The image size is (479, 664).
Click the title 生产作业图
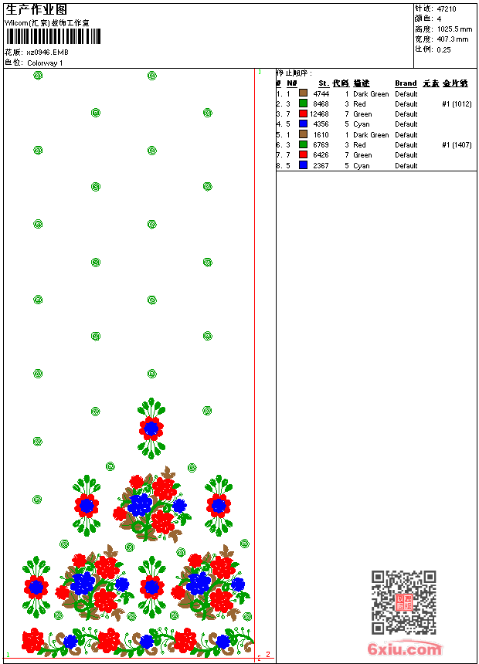click(36, 10)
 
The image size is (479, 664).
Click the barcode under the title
click(53, 36)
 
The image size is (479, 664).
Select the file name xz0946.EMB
click(47, 53)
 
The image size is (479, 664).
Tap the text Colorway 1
click(46, 63)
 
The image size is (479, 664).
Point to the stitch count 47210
click(447, 9)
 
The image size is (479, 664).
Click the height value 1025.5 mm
click(454, 29)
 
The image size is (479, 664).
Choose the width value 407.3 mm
click(453, 39)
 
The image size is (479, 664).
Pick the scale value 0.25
click(444, 49)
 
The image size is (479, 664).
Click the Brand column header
click(406, 83)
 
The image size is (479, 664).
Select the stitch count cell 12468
click(319, 114)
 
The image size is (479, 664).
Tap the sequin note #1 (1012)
click(457, 104)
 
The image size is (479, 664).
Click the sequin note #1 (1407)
click(457, 145)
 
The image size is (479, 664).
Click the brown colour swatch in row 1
click(303, 93)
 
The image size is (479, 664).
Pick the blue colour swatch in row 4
click(303, 124)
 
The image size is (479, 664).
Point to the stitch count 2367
click(321, 165)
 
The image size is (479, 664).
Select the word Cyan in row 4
click(362, 124)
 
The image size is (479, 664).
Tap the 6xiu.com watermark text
click(405, 649)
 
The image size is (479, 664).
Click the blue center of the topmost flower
click(151, 428)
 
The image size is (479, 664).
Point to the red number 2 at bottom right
click(268, 655)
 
